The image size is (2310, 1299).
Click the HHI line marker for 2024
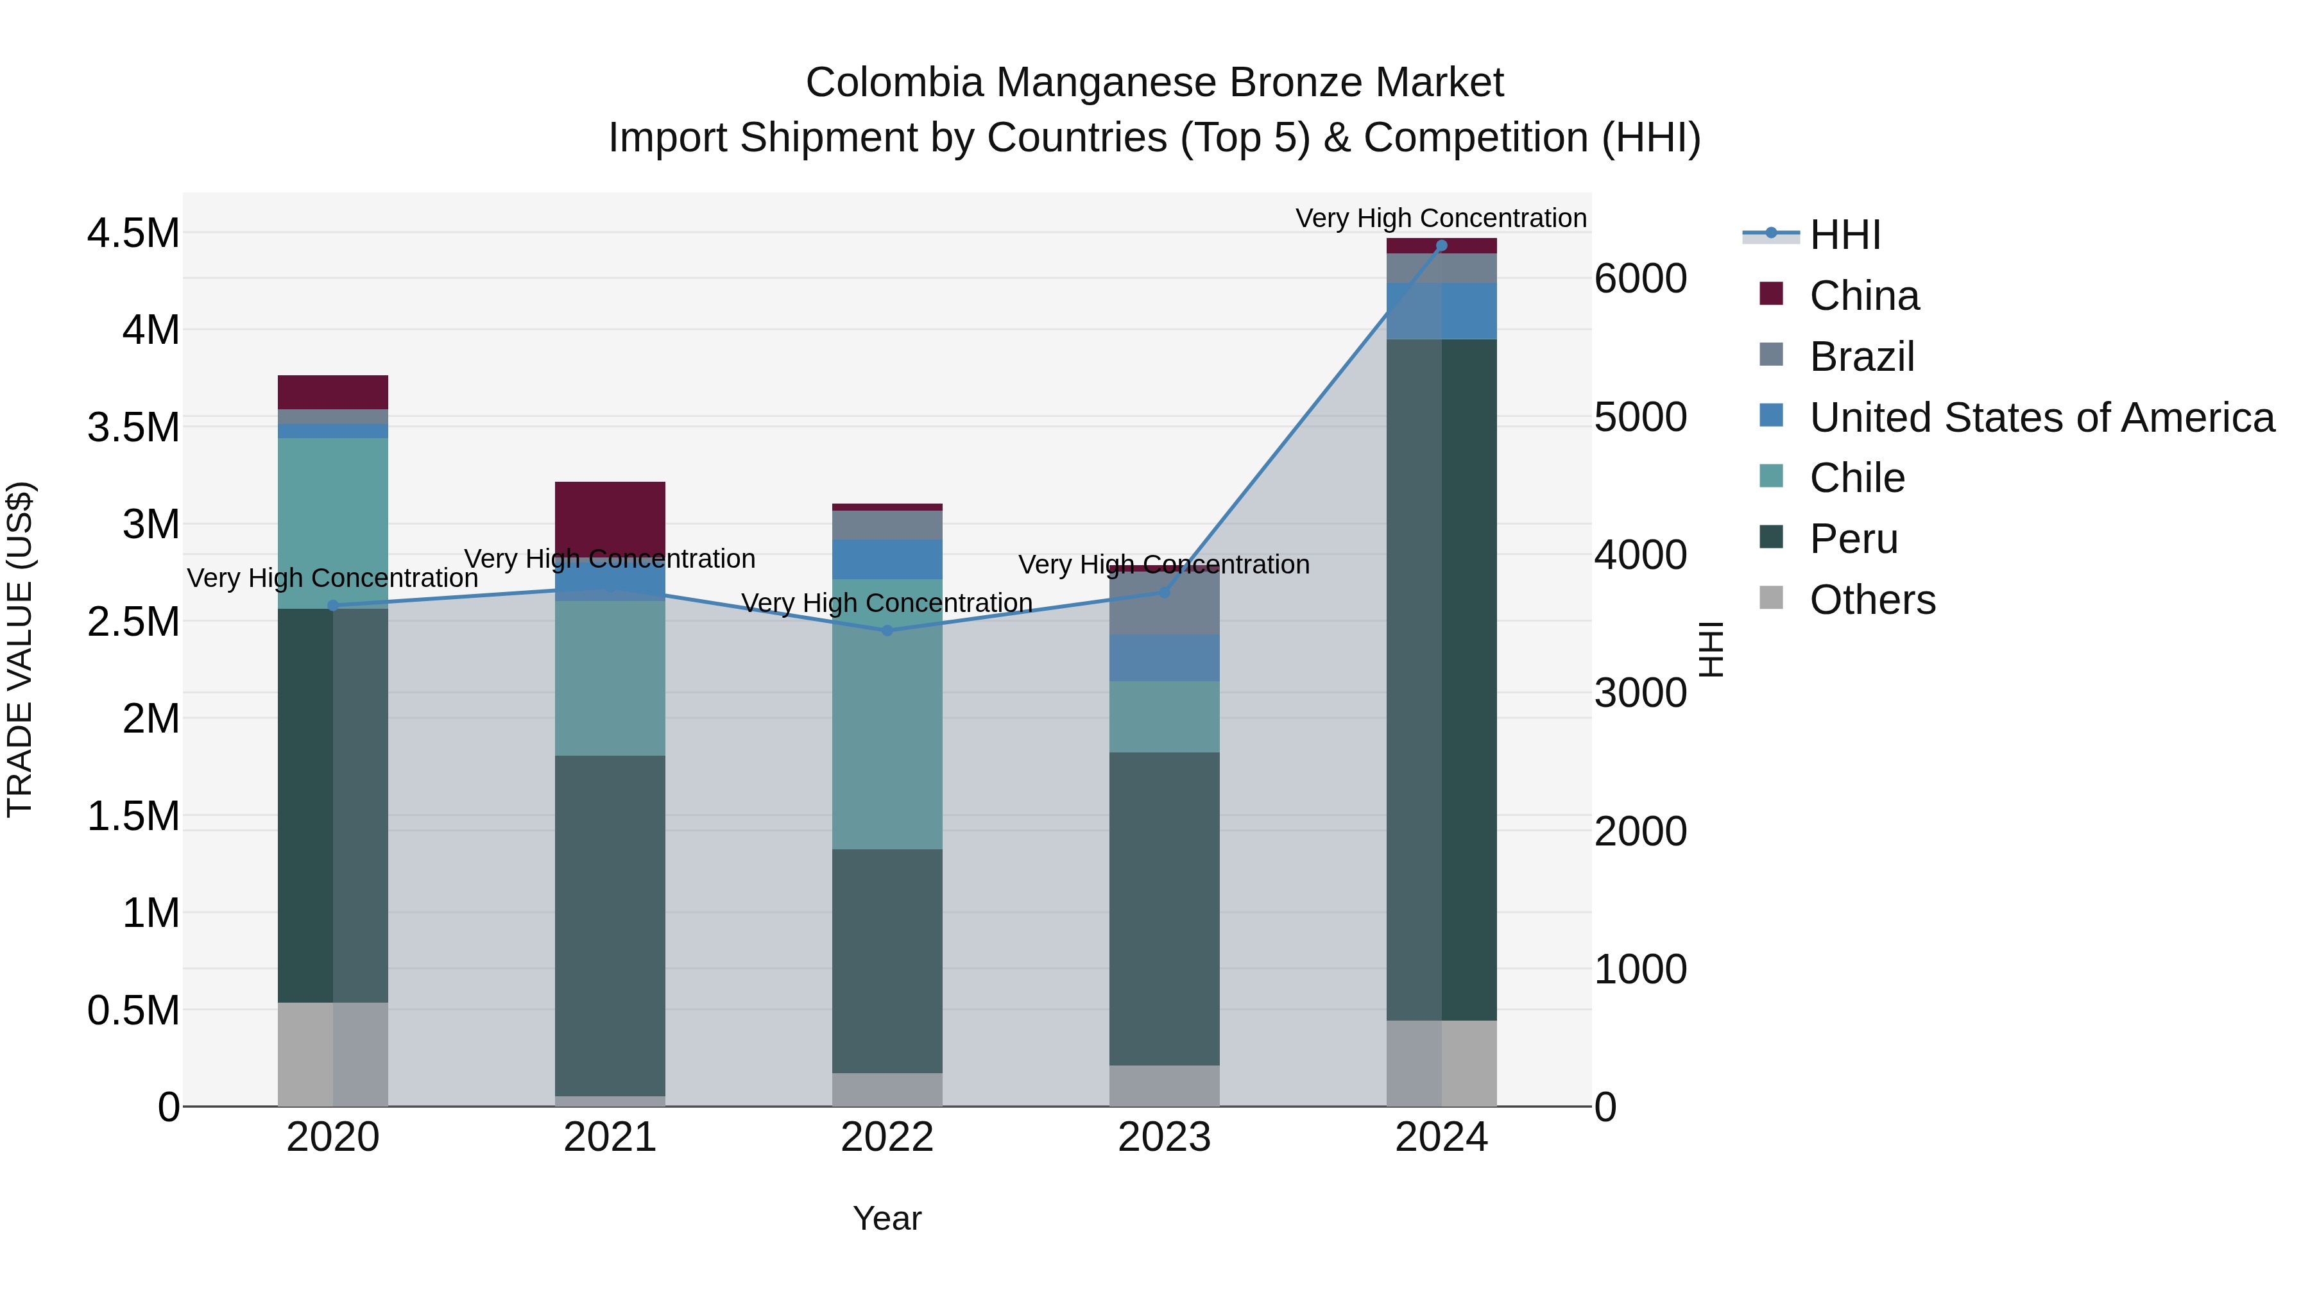point(1441,246)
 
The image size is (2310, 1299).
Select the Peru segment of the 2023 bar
point(1164,908)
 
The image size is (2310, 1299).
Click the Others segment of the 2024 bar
point(1441,1063)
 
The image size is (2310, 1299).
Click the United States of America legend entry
point(2041,417)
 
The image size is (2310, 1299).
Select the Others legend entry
point(1872,599)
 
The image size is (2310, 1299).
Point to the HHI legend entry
point(1845,235)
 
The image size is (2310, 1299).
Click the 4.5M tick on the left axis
point(133,233)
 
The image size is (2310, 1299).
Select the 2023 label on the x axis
point(1164,1137)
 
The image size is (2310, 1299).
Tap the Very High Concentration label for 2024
point(1441,218)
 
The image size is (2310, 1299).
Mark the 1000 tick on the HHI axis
point(1640,969)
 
